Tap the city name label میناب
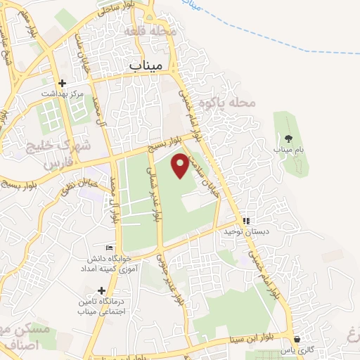(x=146, y=64)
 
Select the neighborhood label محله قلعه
(x=148, y=32)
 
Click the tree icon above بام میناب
(x=288, y=138)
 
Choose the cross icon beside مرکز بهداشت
(x=62, y=82)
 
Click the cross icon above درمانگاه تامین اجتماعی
(x=102, y=290)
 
